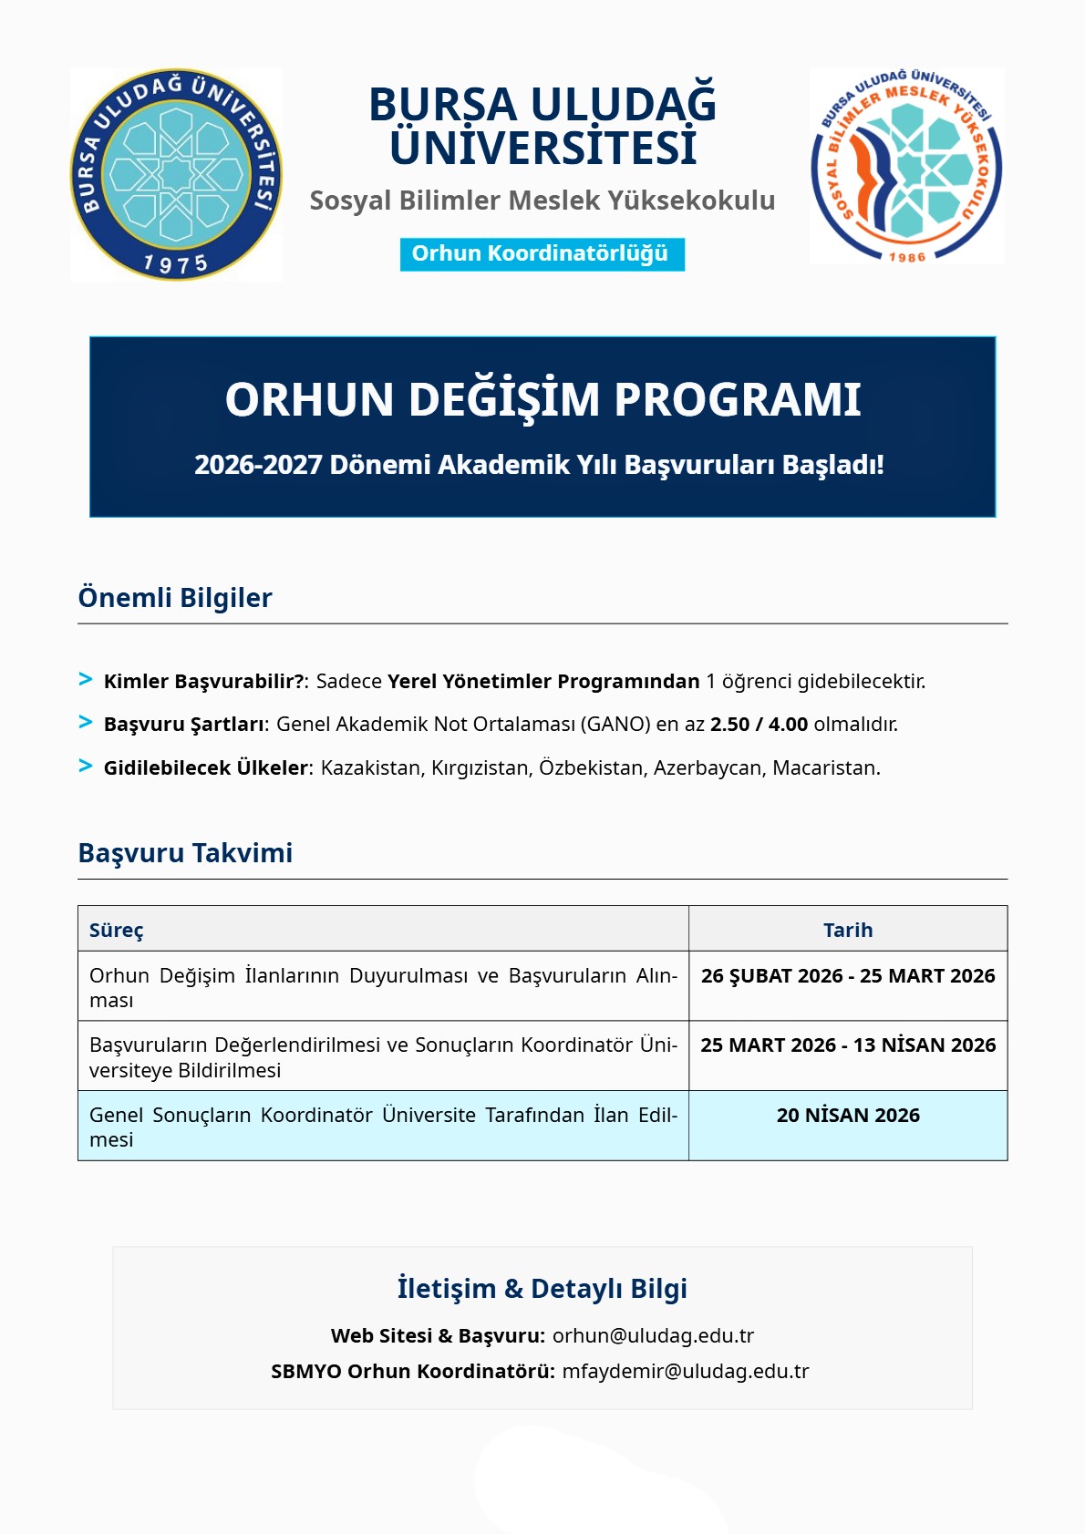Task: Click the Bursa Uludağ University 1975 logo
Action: click(x=176, y=174)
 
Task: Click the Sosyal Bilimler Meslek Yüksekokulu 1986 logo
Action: click(x=906, y=167)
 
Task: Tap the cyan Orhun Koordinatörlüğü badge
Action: click(x=542, y=254)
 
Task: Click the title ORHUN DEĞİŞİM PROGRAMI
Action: click(x=542, y=399)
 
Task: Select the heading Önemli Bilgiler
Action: click(x=175, y=598)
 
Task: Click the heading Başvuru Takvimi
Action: click(x=185, y=853)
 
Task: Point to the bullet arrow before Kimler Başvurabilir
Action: click(x=86, y=679)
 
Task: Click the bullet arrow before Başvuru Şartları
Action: click(x=86, y=722)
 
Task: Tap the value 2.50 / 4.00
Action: click(x=759, y=725)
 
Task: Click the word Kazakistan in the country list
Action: click(x=371, y=768)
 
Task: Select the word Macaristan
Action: click(x=825, y=768)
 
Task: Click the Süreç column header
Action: click(x=116, y=931)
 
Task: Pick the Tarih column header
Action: click(x=848, y=931)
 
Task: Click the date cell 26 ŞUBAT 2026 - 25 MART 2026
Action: click(x=848, y=976)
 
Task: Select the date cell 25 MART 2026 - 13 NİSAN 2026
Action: click(x=848, y=1045)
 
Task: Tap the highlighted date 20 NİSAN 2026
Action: click(x=848, y=1116)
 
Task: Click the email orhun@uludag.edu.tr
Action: click(x=653, y=1336)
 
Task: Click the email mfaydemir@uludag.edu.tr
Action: click(x=685, y=1372)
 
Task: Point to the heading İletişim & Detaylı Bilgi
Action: click(x=542, y=1289)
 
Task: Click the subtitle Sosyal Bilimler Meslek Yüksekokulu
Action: click(x=542, y=201)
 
